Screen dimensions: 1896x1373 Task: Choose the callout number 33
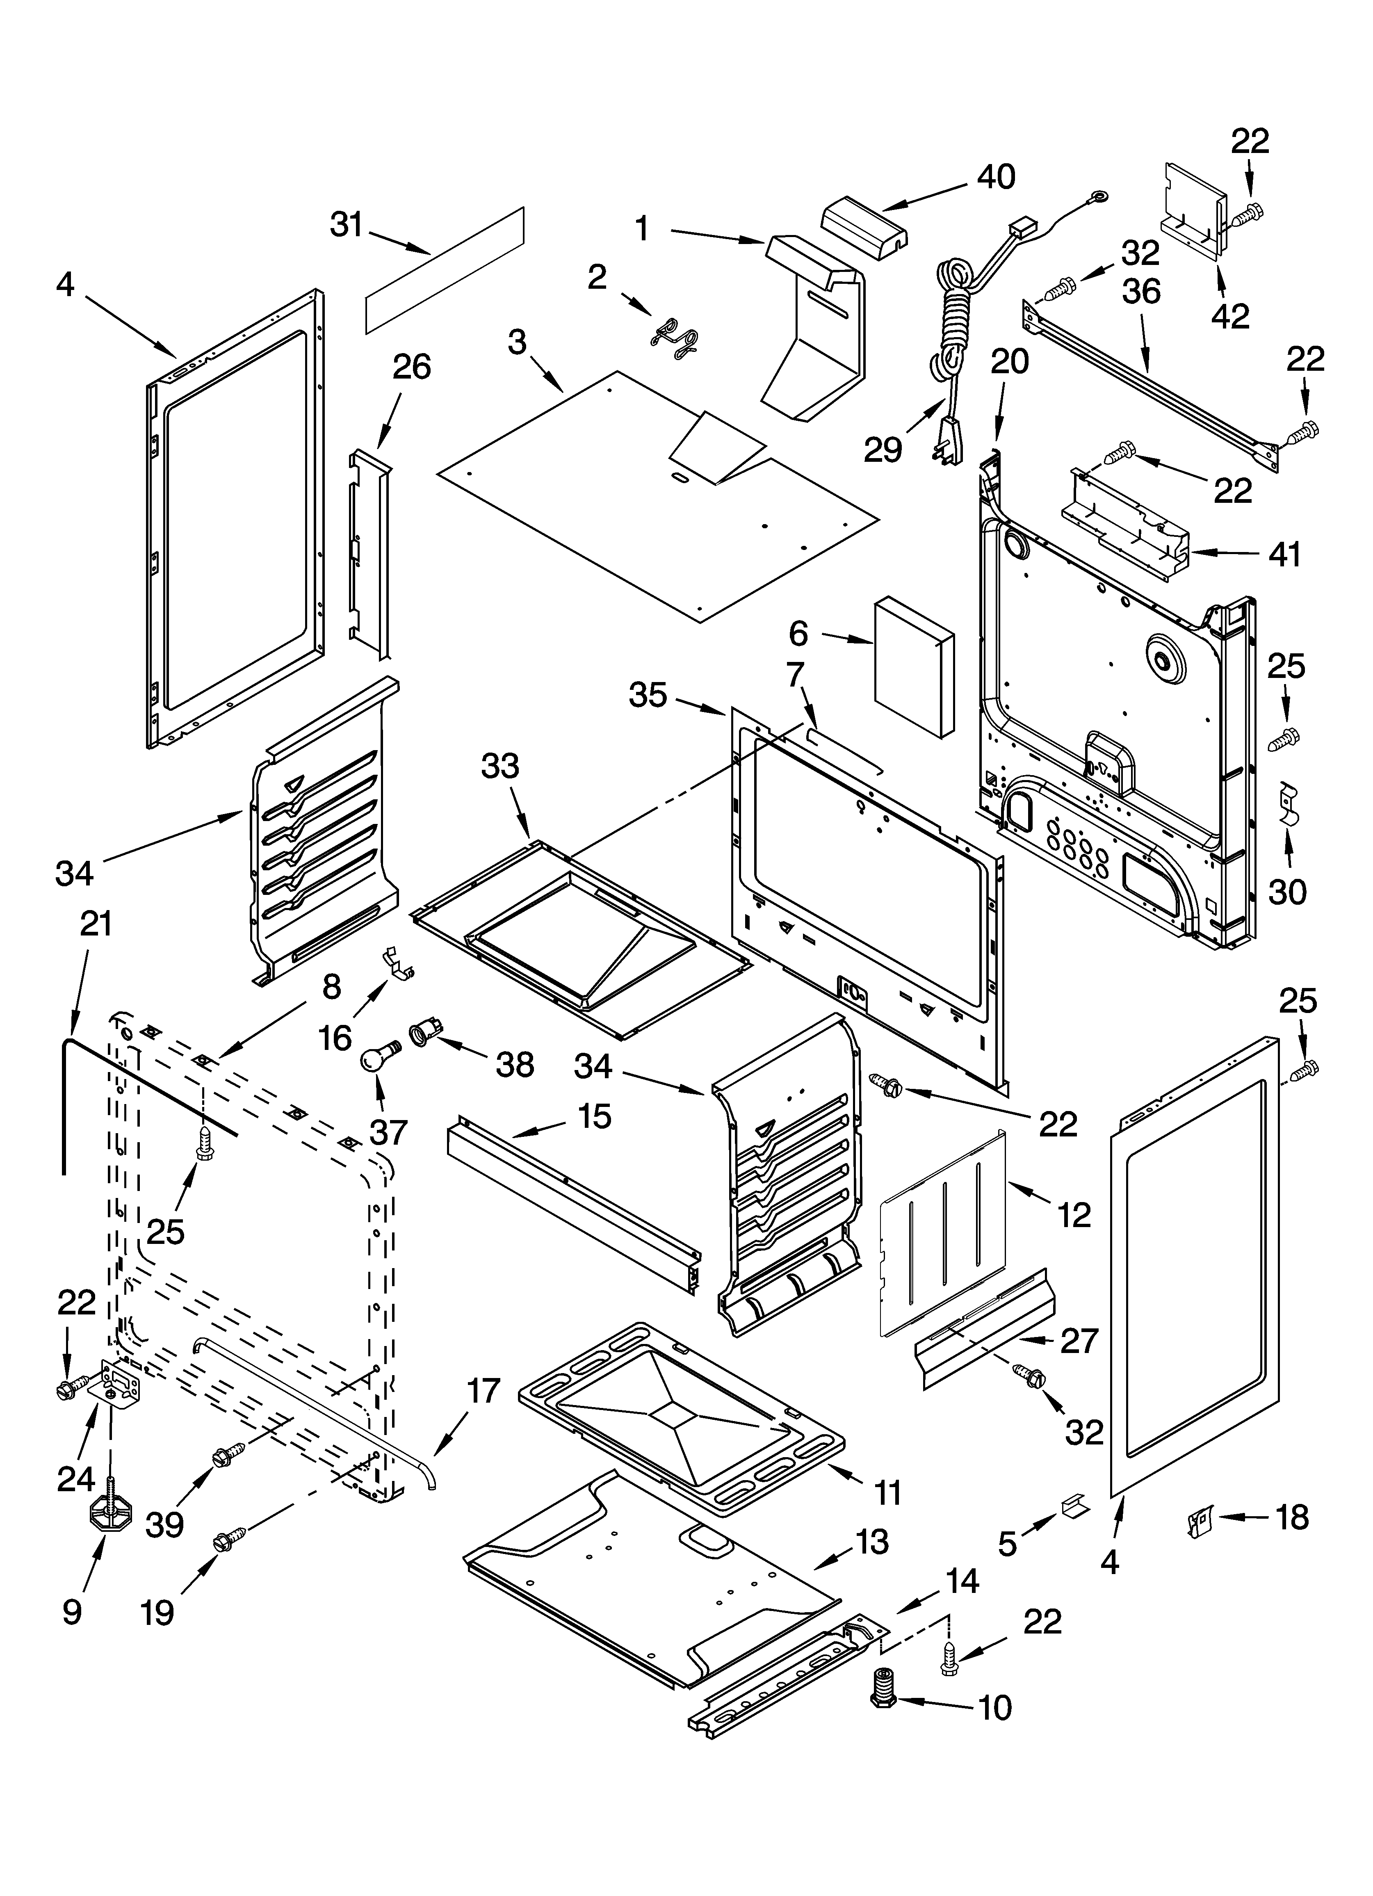tap(500, 766)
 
